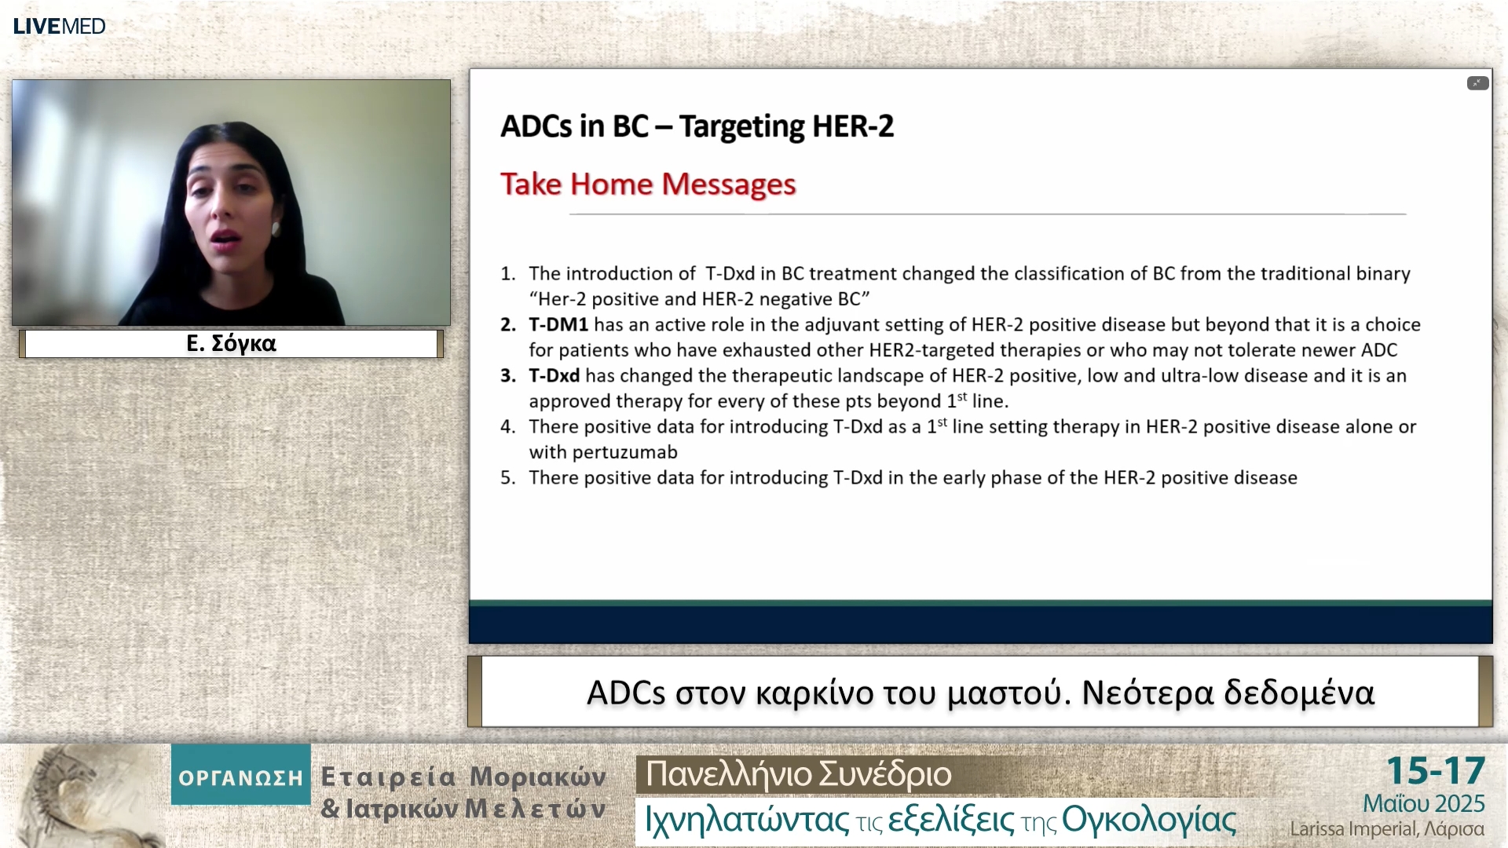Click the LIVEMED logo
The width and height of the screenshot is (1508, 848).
(x=59, y=26)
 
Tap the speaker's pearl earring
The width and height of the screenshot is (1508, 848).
(x=276, y=228)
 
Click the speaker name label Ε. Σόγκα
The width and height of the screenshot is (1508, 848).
(x=231, y=344)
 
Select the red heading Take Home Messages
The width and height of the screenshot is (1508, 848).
(x=648, y=185)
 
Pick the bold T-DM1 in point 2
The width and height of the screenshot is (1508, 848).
(x=558, y=325)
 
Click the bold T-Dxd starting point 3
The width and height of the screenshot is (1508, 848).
(x=554, y=376)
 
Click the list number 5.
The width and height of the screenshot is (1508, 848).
(x=507, y=478)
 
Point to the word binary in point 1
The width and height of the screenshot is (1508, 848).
(x=1382, y=274)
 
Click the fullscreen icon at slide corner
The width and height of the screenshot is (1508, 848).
(x=1477, y=83)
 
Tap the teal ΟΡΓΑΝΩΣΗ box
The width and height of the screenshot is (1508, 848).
(x=240, y=777)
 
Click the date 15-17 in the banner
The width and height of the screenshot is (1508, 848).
(x=1435, y=771)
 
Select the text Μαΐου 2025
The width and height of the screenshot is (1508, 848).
(x=1423, y=804)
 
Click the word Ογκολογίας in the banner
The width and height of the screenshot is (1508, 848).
(x=1148, y=821)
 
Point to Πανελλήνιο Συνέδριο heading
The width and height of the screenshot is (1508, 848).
(x=798, y=774)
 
